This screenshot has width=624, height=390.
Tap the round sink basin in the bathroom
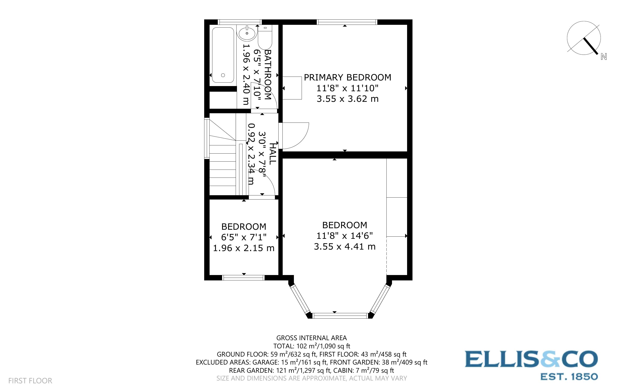(x=247, y=33)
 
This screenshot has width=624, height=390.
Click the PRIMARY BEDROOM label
(x=347, y=77)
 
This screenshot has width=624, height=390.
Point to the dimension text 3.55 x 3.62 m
(x=347, y=99)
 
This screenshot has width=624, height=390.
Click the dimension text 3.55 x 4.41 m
(x=344, y=247)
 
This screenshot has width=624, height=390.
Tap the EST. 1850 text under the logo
(x=569, y=377)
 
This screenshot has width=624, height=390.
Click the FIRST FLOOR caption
(x=30, y=381)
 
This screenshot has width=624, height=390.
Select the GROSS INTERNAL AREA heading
(x=311, y=338)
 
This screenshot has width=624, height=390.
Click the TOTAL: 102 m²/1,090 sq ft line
(x=311, y=346)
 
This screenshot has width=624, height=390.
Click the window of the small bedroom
(x=243, y=278)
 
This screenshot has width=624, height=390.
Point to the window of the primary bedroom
(x=347, y=22)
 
